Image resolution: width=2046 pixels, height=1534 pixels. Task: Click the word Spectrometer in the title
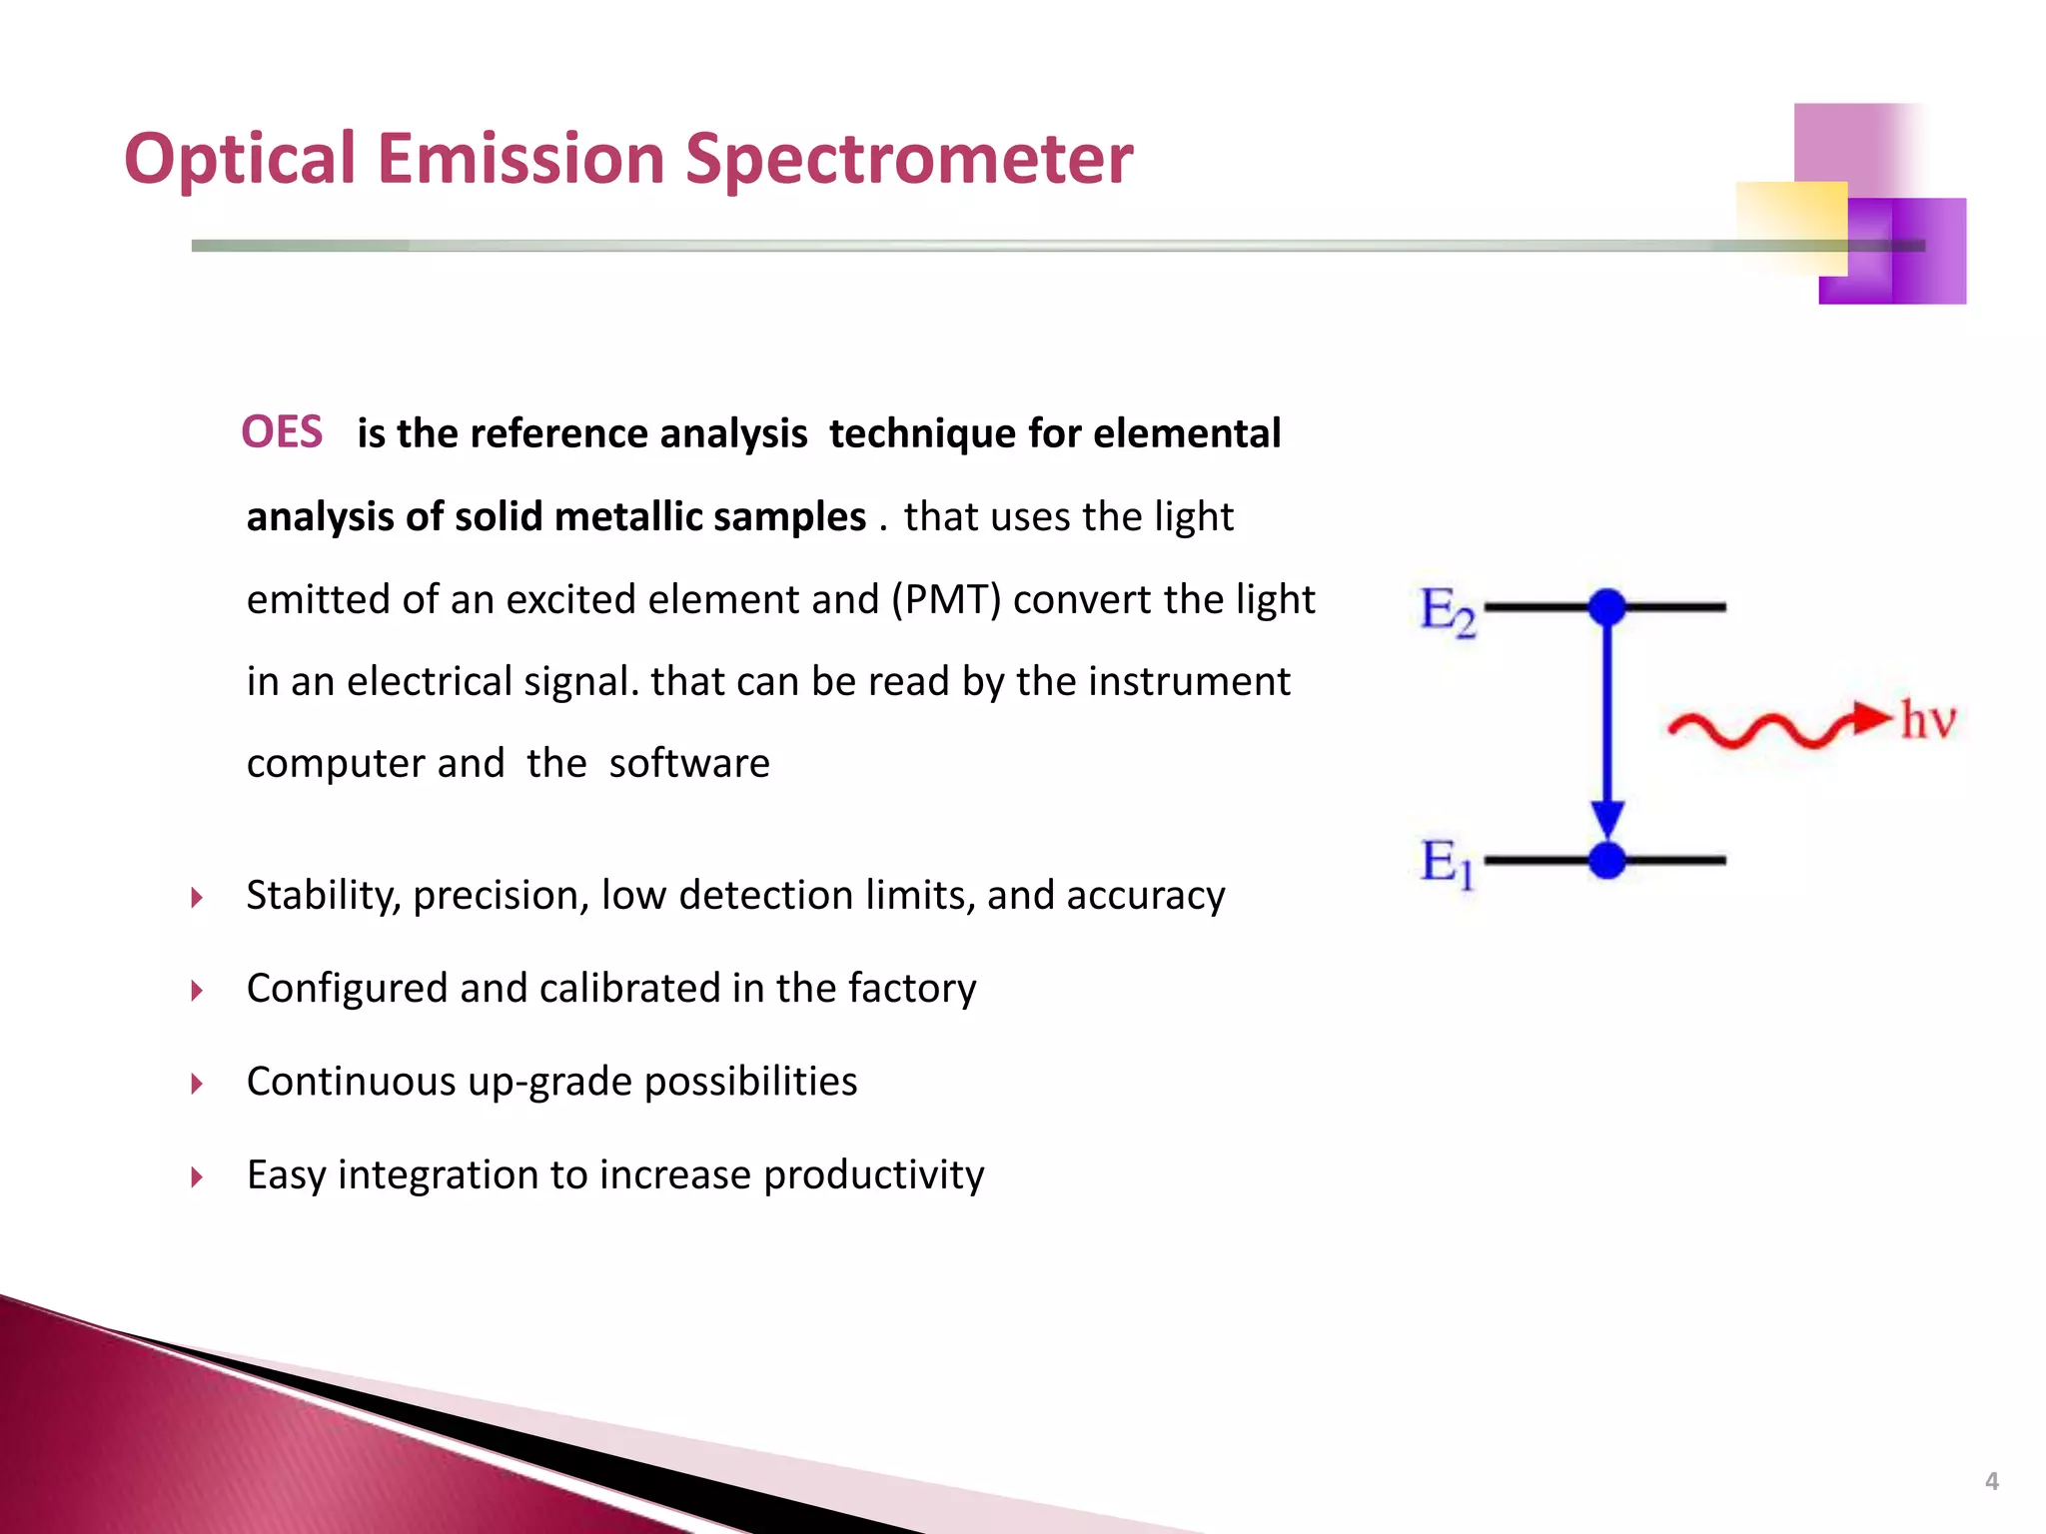click(x=909, y=160)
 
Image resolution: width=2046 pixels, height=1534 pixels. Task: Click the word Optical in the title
click(x=240, y=160)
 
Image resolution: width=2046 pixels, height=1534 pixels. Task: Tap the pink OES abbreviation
click(x=282, y=432)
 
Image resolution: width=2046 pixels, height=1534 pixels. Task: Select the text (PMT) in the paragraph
click(x=946, y=599)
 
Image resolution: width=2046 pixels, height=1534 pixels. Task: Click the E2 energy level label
click(x=1447, y=610)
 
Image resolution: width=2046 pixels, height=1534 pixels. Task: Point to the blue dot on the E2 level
click(x=1606, y=606)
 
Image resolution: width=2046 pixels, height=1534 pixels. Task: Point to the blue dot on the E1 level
click(x=1606, y=860)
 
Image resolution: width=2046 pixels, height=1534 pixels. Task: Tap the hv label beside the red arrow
click(x=1927, y=720)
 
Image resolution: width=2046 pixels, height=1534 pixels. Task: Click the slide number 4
click(x=1991, y=1481)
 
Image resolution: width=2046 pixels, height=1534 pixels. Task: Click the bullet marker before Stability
click(x=197, y=897)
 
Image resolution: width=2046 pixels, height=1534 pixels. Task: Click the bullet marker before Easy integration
click(x=197, y=1176)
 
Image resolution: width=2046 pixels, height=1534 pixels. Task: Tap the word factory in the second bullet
click(x=912, y=989)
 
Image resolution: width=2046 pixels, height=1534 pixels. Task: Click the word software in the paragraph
click(x=689, y=764)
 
